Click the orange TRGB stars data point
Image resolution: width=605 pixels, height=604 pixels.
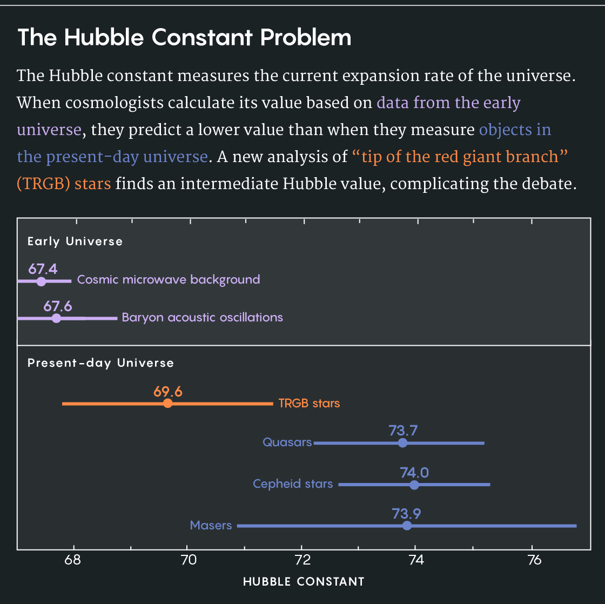[x=167, y=404]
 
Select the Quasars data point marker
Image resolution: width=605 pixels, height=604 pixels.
[x=402, y=443]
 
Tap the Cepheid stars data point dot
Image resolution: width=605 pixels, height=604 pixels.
[x=414, y=485]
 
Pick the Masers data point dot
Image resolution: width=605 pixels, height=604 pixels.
[x=407, y=526]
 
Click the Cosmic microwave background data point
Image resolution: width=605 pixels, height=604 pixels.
[x=41, y=281]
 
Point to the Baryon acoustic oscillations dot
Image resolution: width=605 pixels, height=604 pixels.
[x=56, y=318]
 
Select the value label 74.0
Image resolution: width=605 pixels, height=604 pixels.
[x=414, y=473]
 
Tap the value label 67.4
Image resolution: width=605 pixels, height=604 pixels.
[x=43, y=269]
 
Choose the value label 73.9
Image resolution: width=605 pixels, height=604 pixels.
[x=406, y=514]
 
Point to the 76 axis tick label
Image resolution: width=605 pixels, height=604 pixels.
[x=533, y=559]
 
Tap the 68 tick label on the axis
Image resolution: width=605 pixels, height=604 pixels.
[x=73, y=559]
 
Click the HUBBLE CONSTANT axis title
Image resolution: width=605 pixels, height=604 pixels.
[x=304, y=582]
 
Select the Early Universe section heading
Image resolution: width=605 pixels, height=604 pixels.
[x=75, y=241]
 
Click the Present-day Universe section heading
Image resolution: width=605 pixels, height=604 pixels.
[x=100, y=363]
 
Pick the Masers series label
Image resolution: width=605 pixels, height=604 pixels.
[x=211, y=525]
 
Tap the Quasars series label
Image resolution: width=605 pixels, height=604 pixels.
[x=287, y=442]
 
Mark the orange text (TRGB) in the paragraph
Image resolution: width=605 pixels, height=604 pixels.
[x=43, y=184]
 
